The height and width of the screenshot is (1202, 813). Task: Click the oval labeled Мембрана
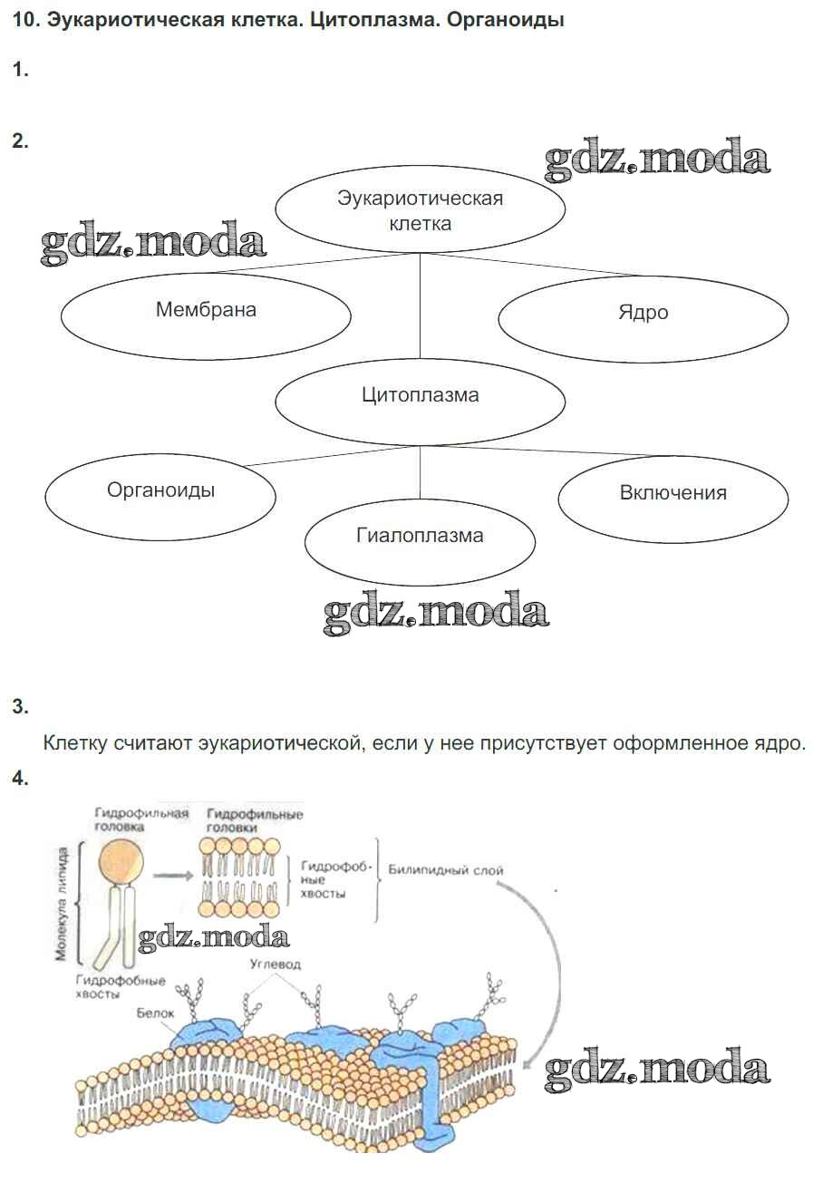[x=206, y=312]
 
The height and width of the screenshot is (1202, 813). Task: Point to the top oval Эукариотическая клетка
[x=420, y=210]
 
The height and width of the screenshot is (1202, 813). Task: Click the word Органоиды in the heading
[x=506, y=19]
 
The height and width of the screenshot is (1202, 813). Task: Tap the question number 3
[x=20, y=707]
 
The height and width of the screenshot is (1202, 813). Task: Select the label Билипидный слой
[x=445, y=870]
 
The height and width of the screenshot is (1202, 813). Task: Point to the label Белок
[x=155, y=1013]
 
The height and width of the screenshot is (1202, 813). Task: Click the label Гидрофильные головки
[x=254, y=820]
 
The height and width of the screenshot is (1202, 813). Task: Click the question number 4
[x=20, y=779]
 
